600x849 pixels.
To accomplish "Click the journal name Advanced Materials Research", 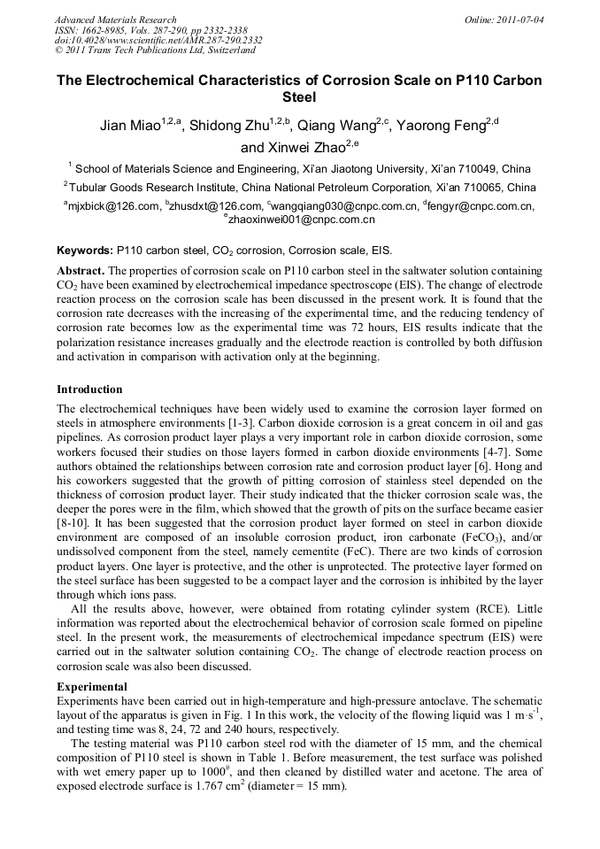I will [115, 19].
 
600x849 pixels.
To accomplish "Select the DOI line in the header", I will [158, 41].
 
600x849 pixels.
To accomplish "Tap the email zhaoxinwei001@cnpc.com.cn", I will [301, 219].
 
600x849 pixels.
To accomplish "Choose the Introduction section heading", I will [89, 390].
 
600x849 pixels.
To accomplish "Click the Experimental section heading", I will [92, 686].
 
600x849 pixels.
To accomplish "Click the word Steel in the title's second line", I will [299, 97].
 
